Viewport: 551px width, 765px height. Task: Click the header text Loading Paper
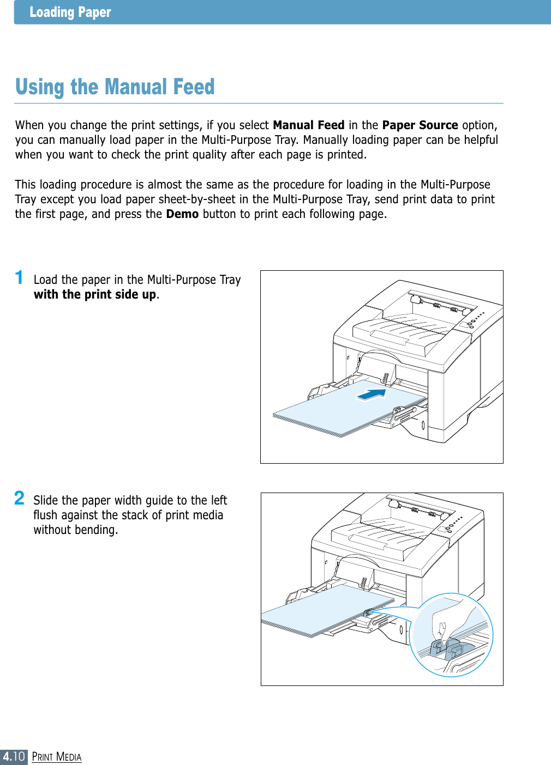pos(70,12)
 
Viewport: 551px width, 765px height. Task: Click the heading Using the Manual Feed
pos(115,87)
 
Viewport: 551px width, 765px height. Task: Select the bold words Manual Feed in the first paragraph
pos(308,125)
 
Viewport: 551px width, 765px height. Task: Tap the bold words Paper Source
pos(420,125)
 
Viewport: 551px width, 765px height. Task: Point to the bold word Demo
pos(182,214)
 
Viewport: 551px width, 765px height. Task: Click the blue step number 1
pos(19,277)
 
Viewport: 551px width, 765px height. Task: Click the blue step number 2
pos(19,498)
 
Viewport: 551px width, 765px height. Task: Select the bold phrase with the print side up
pos(95,295)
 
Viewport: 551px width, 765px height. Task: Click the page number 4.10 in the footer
pos(14,756)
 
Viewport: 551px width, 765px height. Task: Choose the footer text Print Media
pos(57,757)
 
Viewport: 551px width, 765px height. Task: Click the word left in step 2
pos(219,500)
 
